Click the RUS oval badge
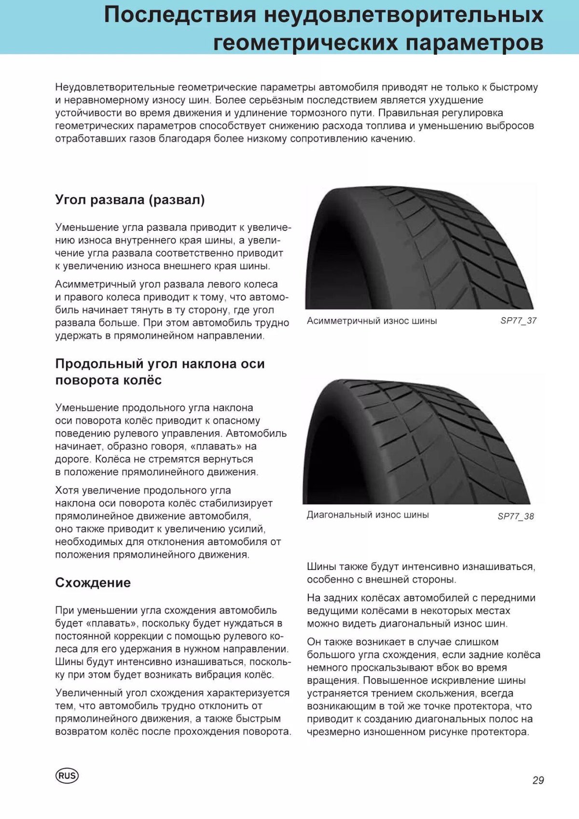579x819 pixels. pos(67,776)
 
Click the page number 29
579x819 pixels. pos(538,780)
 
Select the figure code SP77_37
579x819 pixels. pos(518,321)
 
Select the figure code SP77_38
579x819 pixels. pos(516,516)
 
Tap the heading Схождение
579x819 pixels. pos(93,583)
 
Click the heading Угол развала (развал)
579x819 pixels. pos(130,199)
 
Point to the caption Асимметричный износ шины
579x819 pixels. pos(372,321)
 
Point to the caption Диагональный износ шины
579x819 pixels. pos(368,515)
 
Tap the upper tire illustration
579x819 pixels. pos(420,249)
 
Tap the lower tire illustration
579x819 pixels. pos(417,442)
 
